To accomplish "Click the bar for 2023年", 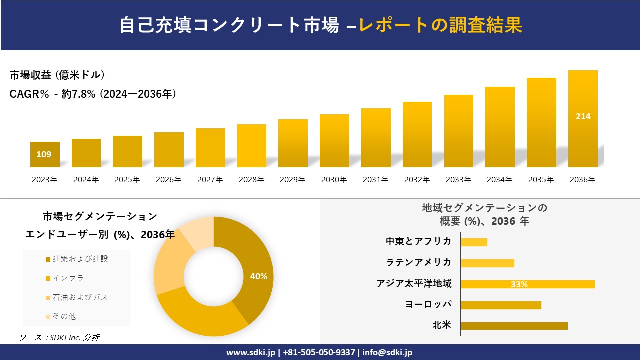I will [x=45, y=154].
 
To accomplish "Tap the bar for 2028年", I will [x=252, y=146].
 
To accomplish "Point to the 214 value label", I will [x=583, y=116].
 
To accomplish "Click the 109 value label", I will [x=44, y=154].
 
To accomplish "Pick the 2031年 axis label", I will [x=375, y=180].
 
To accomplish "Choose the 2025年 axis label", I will [x=127, y=180].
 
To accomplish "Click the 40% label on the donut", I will [x=258, y=276].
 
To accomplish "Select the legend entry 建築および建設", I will [x=80, y=259].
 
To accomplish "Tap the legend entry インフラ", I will [x=68, y=278].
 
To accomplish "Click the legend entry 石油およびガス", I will [x=80, y=297].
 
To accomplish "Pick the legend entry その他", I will [x=64, y=316].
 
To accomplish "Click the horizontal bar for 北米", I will [x=514, y=326].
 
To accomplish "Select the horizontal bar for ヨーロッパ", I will [x=501, y=305].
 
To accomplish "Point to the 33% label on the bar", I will [x=519, y=284].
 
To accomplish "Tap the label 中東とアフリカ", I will [x=418, y=242].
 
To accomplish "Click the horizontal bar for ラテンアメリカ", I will [x=487, y=263].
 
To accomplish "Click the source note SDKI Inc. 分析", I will [x=60, y=338].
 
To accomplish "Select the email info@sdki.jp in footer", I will [x=387, y=352].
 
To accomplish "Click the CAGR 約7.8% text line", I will [x=93, y=94].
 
